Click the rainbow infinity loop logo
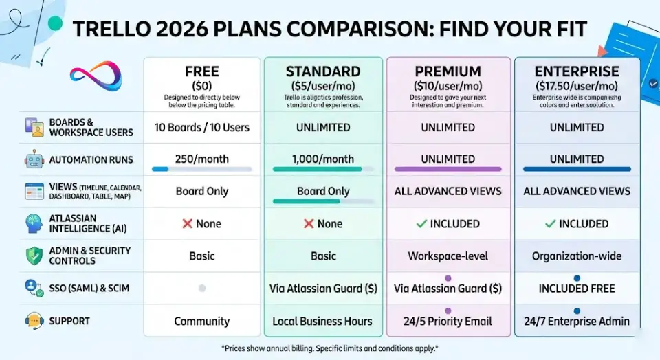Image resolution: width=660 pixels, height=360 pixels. [x=96, y=76]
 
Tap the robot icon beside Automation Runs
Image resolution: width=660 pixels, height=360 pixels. [x=34, y=159]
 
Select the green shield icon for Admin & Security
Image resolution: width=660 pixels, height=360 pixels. [x=34, y=256]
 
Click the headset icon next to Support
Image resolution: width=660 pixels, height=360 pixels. [x=34, y=321]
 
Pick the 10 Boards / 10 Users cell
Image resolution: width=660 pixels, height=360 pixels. [x=202, y=127]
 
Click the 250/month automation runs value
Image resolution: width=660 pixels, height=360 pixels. [x=202, y=159]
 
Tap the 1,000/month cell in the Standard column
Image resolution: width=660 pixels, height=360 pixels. [x=323, y=159]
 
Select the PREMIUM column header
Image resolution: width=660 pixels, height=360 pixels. [x=448, y=71]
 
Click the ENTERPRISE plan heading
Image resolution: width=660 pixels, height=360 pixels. [x=577, y=71]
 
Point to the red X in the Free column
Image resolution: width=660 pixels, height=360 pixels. [x=187, y=224]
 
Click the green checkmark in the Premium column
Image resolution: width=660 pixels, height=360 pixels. [x=421, y=224]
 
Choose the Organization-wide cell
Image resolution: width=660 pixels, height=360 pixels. [x=577, y=256]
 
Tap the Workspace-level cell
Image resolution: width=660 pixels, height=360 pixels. [x=448, y=256]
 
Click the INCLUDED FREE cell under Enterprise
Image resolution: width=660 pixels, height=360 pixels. [x=577, y=289]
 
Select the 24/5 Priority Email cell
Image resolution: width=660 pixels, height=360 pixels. [x=448, y=322]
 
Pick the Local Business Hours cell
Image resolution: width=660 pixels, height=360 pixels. [x=322, y=322]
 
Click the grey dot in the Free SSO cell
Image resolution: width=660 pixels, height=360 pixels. [x=202, y=289]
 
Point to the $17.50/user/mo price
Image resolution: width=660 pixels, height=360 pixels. [x=577, y=86]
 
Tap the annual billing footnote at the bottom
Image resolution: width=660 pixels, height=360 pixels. [x=330, y=348]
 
